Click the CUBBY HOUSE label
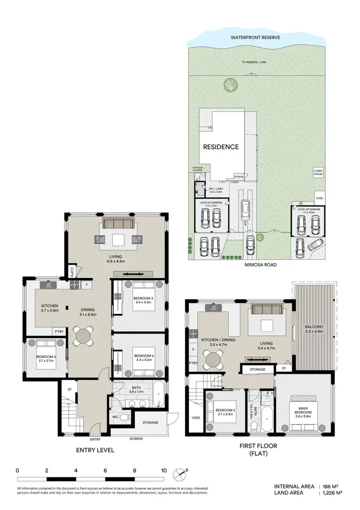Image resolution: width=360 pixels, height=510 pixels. [x=318, y=173]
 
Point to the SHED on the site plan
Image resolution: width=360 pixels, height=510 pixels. [x=320, y=198]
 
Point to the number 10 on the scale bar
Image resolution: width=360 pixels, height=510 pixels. [x=164, y=471]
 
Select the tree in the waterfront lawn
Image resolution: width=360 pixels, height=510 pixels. [x=230, y=85]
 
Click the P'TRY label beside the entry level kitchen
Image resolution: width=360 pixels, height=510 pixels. [x=59, y=331]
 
